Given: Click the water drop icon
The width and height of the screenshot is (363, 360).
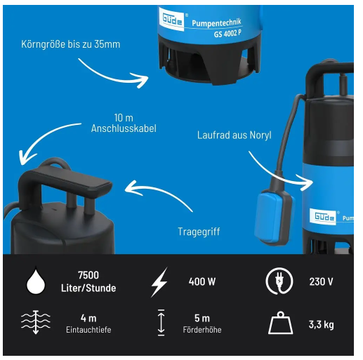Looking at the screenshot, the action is pos(36,281).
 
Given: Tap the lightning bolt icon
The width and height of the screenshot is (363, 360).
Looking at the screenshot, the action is pos(159,282).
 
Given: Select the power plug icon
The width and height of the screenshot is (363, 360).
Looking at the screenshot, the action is pos(279,281).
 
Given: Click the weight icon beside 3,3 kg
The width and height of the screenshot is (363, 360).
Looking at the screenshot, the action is pos(280,323).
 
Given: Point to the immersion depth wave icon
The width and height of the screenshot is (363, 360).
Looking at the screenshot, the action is pos(36,322).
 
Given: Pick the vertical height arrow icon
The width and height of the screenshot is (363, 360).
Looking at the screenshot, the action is pos(161,322).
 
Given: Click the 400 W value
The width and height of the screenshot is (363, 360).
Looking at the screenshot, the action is pos(202,281).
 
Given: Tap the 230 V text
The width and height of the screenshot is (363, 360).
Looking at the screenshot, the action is pos(321,281).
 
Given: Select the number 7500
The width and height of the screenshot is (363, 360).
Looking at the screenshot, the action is pos(88,275).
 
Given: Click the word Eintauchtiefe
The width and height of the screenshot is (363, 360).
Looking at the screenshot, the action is pos(88,330).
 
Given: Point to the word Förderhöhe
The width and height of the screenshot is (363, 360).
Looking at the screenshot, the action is pos(202,330).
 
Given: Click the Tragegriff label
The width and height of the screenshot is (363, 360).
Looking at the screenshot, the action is pos(199,232).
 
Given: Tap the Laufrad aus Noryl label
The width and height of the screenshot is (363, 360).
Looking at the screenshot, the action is pos(235,135).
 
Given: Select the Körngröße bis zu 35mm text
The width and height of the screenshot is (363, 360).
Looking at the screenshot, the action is pos(71,44).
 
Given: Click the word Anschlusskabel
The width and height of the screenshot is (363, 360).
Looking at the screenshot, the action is pos(124,128).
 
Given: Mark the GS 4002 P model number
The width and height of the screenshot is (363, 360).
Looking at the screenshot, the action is pos(227,34).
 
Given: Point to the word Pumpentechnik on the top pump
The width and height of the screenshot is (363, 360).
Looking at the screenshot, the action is pos(216,22).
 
